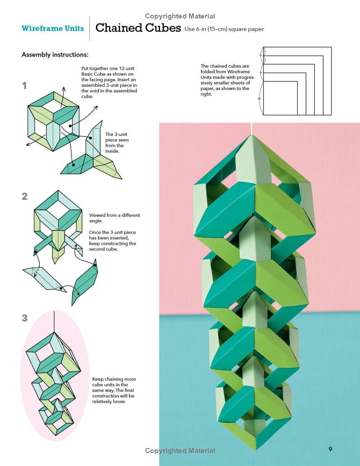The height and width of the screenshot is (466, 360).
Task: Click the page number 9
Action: tap(330, 449)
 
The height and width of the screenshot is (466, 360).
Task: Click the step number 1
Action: tap(25, 86)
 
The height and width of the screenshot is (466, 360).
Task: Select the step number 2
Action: tap(25, 196)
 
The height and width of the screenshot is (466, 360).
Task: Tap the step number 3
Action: tap(25, 318)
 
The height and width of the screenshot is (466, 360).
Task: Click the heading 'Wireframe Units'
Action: tap(53, 28)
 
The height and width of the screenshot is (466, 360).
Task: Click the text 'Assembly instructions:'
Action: tap(55, 55)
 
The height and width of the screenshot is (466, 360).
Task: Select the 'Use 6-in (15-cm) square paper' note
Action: tap(224, 29)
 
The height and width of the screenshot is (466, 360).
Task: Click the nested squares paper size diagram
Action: tap(297, 81)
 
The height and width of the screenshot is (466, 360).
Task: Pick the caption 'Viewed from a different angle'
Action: tap(114, 218)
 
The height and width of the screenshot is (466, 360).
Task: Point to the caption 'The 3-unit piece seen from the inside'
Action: tap(117, 143)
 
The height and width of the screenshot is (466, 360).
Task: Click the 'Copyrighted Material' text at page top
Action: tap(180, 16)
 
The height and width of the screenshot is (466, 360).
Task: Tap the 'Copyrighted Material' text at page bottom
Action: tap(180, 451)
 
